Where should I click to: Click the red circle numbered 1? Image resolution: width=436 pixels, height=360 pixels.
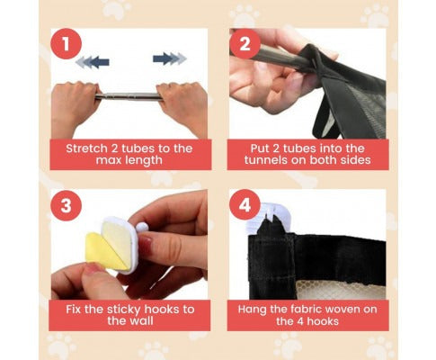click(66, 44)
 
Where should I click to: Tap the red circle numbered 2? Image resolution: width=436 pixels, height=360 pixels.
click(245, 44)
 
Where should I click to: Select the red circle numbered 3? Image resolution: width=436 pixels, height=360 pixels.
click(66, 205)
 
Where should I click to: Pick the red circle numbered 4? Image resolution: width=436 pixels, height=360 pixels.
click(245, 205)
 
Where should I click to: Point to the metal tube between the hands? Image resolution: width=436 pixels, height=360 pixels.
click(129, 96)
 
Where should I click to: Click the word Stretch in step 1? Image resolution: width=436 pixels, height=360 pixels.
click(86, 148)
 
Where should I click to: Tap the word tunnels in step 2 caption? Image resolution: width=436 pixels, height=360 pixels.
click(266, 160)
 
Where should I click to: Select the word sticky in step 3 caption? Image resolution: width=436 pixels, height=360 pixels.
click(124, 310)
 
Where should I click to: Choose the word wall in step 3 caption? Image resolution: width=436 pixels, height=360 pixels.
click(142, 320)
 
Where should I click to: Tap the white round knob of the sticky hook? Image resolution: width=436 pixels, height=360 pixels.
click(142, 227)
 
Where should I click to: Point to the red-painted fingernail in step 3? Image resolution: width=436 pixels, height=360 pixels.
click(146, 245)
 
